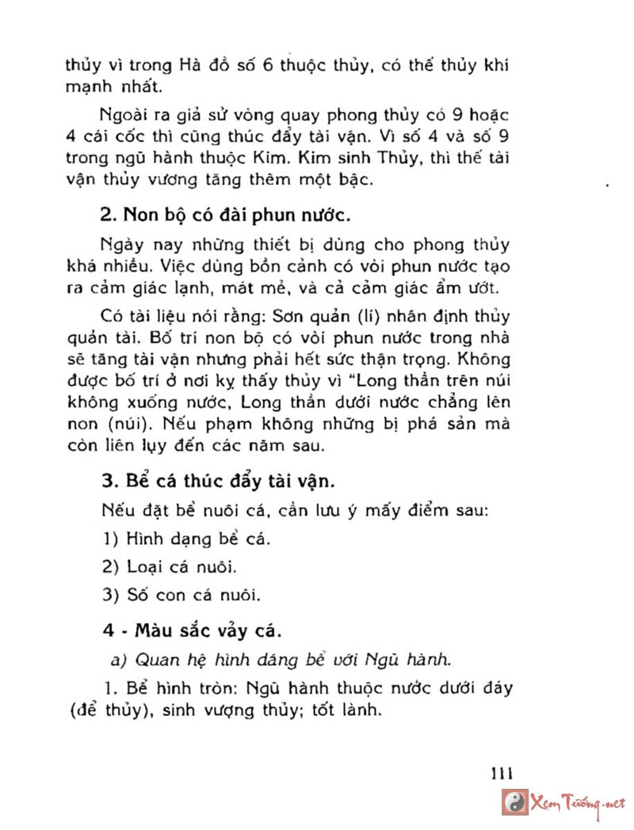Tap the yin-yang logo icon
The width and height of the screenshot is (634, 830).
click(x=516, y=803)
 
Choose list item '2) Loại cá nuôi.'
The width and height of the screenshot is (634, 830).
click(x=171, y=566)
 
